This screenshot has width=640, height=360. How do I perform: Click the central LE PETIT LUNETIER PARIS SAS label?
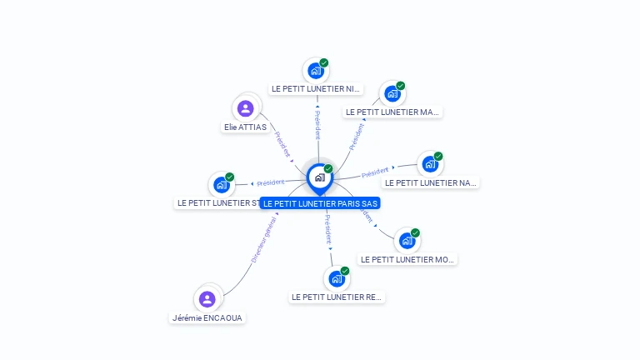tap(320, 203)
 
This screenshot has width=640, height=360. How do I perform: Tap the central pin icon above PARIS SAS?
tap(319, 177)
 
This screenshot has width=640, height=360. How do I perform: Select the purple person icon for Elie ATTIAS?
tap(245, 108)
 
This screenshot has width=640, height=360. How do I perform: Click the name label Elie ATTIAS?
tap(245, 127)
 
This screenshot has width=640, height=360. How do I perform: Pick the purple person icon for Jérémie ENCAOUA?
tap(207, 298)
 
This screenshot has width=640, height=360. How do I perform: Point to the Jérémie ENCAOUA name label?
tap(207, 317)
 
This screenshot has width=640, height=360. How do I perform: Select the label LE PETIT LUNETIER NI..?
tap(317, 88)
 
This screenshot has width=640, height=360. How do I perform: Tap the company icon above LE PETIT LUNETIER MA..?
tap(392, 93)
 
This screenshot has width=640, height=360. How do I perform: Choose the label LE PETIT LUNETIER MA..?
tap(392, 112)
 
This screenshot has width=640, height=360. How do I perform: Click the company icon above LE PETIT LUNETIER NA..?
tap(429, 164)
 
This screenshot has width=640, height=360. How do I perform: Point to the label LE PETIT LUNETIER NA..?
tap(431, 182)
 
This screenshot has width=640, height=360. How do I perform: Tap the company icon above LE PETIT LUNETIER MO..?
tap(407, 241)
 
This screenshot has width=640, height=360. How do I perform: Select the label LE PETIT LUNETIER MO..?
tap(407, 259)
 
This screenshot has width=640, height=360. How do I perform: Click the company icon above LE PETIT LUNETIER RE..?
tap(336, 278)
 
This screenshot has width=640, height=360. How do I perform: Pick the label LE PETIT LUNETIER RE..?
tap(337, 297)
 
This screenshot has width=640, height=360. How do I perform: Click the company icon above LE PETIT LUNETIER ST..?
tap(221, 184)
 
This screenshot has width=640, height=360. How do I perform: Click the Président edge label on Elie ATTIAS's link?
tap(282, 143)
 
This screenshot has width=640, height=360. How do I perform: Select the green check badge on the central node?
tap(328, 169)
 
